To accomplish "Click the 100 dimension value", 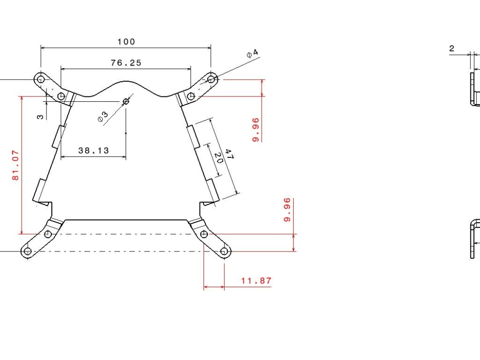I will pos(126,42).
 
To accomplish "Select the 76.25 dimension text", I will pos(126,63).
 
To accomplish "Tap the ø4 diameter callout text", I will pos(252,53).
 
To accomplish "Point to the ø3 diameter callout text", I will pos(103,117).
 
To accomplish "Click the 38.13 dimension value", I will pos(94,151).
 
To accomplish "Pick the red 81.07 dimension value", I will pos(16,165).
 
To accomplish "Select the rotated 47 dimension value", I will pos(229,155).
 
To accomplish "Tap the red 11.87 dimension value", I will pos(256,281).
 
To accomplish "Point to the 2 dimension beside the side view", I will pos(452,48).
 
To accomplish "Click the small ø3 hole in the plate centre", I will pos(126,101).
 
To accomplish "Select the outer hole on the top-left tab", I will pos(41,78).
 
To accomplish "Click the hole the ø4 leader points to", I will pos(211,79).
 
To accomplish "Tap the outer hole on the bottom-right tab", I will pos(224,251).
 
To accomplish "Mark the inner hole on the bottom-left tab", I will pos(48,234).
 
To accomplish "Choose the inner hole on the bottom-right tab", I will pos(204,234).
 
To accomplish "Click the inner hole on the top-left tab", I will pos(61,96).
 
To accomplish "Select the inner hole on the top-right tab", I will pos(191,96).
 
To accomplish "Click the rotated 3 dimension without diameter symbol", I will pos(41,116).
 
